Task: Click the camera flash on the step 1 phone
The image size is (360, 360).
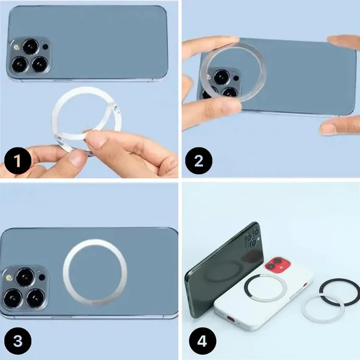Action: tap(15, 46)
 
